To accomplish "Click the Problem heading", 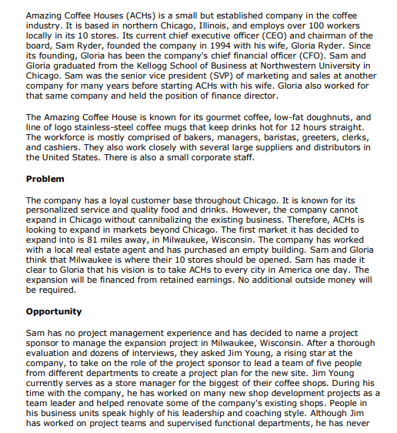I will [x=45, y=179].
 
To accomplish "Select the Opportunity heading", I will [x=54, y=311].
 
